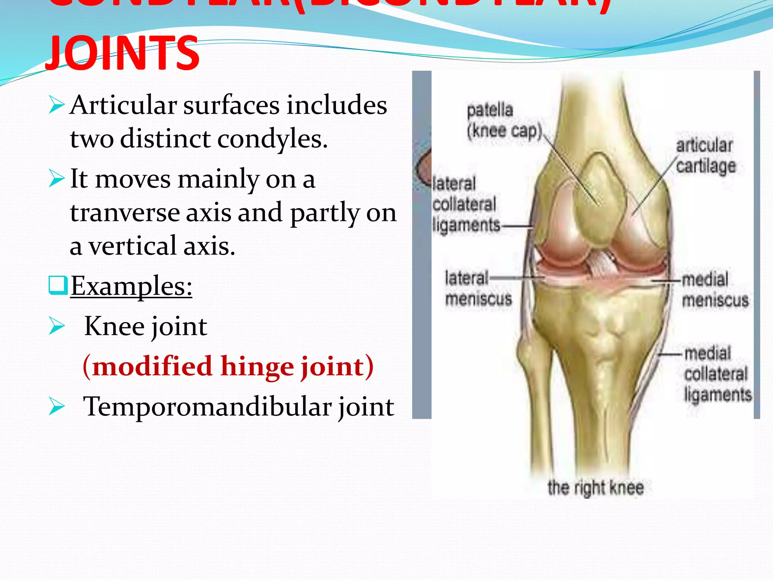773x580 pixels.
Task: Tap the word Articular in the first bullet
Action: (123, 105)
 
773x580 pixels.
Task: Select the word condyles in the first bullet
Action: (272, 139)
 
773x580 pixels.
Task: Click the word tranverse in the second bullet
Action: (125, 213)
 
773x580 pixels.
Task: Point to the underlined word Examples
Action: (131, 286)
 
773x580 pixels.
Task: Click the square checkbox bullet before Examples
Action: (58, 285)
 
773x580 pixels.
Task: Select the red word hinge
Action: (257, 366)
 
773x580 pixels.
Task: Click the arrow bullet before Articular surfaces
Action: (57, 105)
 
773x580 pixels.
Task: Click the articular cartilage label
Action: (705, 156)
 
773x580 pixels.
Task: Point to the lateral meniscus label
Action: (478, 288)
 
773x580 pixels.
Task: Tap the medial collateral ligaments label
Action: (717, 374)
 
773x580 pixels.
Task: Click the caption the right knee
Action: (595, 487)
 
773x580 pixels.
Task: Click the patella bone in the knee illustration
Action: (600, 196)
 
